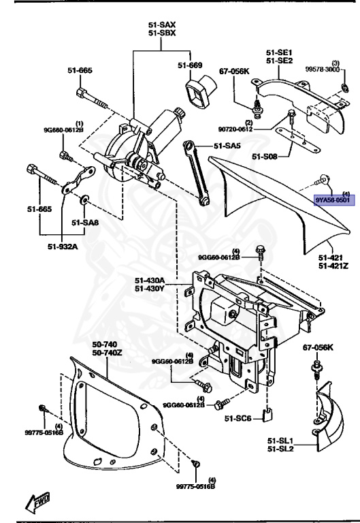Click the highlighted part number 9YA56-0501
point(333,200)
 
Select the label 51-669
point(190,65)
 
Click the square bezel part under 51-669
point(200,92)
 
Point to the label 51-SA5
point(227,146)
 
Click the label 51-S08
point(264,157)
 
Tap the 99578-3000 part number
point(323,69)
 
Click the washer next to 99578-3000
point(345,89)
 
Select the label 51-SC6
point(238,418)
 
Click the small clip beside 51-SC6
point(267,415)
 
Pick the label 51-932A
point(63,247)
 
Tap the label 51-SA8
point(85,223)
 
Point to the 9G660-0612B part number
point(63,130)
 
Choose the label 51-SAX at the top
point(162,25)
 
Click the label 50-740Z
point(107,353)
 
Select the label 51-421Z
point(333,266)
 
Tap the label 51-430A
point(150,280)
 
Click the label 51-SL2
point(280,449)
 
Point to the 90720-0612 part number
point(235,129)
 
